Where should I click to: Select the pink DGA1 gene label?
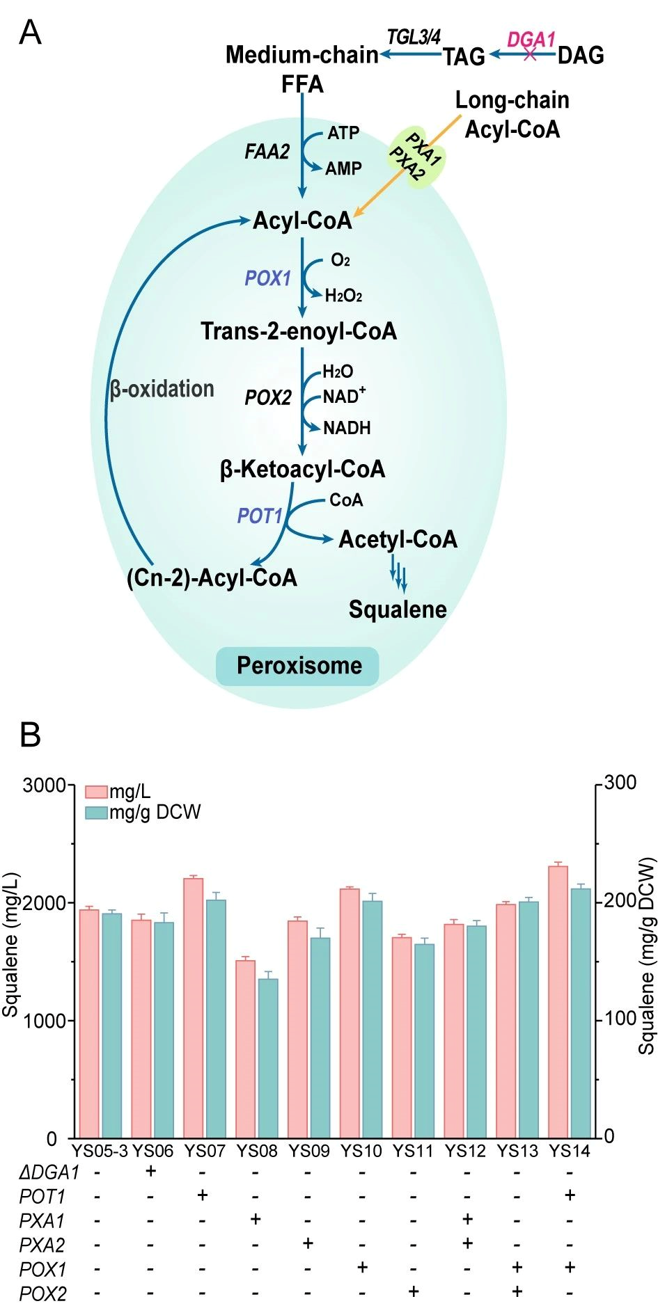tap(531, 40)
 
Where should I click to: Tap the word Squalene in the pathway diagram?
tap(398, 609)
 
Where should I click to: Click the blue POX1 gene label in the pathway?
tap(267, 278)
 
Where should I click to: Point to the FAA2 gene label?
tap(267, 151)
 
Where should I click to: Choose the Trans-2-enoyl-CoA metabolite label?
tap(299, 331)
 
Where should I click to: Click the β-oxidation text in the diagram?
tap(162, 388)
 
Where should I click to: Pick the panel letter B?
tap(30, 735)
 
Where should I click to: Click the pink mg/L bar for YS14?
tap(558, 1002)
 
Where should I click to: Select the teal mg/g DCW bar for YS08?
tap(268, 1058)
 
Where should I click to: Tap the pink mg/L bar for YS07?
tap(193, 1009)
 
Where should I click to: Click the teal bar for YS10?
tap(373, 1019)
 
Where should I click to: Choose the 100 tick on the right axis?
tap(620, 1019)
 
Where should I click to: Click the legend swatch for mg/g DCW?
tap(96, 812)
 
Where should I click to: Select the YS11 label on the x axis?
tap(413, 1151)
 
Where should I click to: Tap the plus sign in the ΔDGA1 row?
tap(150, 1171)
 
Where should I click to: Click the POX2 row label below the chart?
tap(43, 1294)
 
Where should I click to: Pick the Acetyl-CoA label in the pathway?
tap(398, 539)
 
